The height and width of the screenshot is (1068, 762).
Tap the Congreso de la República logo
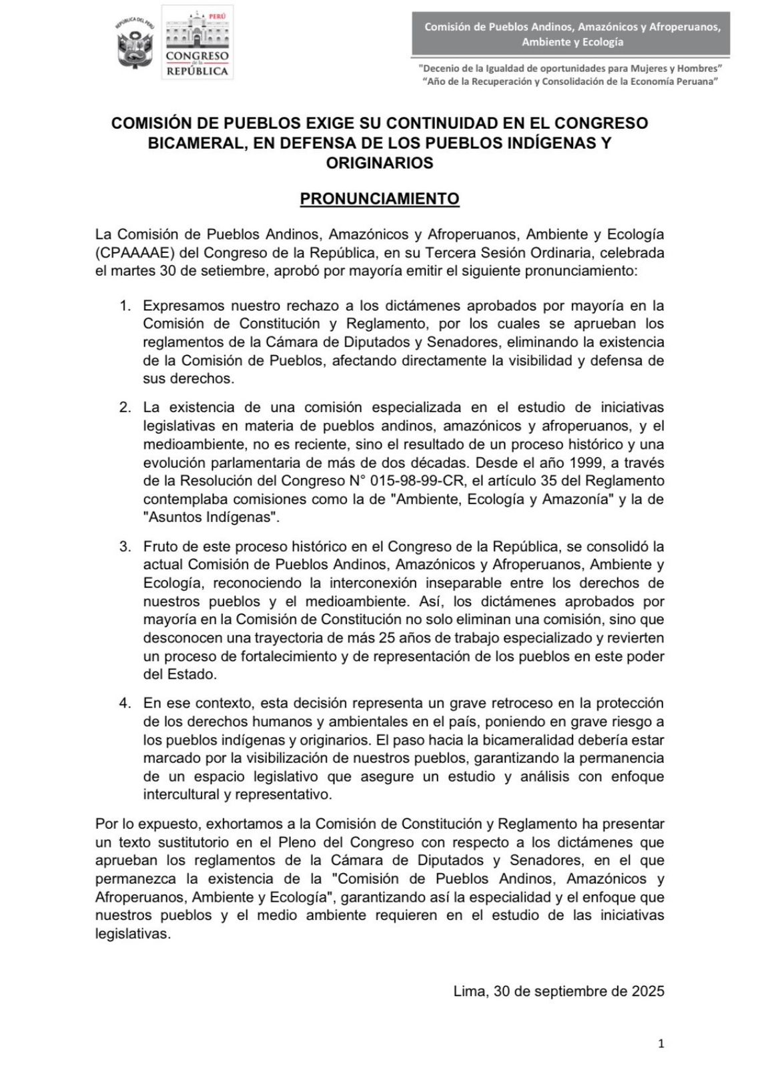pyautogui.click(x=197, y=43)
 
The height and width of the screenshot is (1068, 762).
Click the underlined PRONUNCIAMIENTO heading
pyautogui.click(x=380, y=199)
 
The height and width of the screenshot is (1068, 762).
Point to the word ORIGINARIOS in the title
pyautogui.click(x=380, y=163)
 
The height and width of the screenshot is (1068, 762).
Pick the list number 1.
pyautogui.click(x=125, y=306)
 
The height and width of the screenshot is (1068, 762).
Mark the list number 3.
pyautogui.click(x=125, y=547)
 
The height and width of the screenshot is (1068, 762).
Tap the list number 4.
pyautogui.click(x=125, y=704)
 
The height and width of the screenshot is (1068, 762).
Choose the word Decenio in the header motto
pyautogui.click(x=439, y=68)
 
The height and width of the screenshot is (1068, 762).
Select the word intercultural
pyautogui.click(x=177, y=795)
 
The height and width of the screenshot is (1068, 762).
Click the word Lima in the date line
pyautogui.click(x=470, y=991)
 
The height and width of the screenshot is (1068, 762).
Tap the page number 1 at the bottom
pyautogui.click(x=661, y=1044)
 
